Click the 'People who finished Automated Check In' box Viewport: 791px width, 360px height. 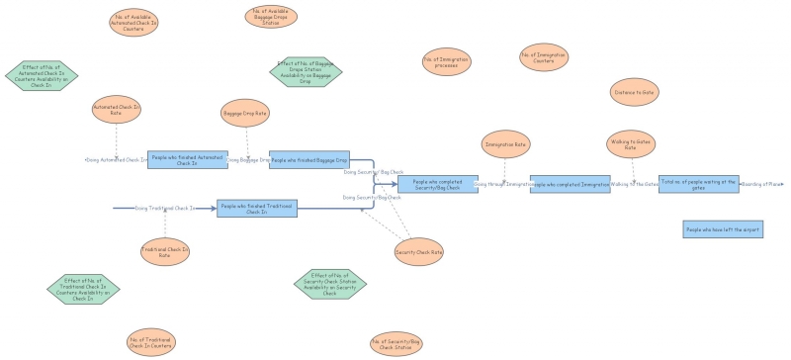tap(187, 159)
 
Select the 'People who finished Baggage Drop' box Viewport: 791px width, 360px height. tap(309, 159)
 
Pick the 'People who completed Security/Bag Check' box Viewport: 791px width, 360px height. tap(437, 184)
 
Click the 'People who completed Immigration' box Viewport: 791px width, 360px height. tap(570, 184)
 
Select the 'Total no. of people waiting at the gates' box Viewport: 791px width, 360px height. tap(698, 184)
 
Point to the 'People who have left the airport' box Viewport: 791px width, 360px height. tap(723, 229)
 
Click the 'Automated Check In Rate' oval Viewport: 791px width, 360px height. tap(116, 109)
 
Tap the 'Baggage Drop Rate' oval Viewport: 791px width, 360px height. tap(245, 114)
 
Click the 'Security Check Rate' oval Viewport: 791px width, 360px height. tap(418, 252)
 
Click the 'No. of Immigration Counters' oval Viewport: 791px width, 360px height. tap(543, 59)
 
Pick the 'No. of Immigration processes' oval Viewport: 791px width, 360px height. tap(446, 61)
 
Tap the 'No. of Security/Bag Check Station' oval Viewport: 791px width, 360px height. tap(395, 344)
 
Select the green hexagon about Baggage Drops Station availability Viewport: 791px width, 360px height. tap(306, 71)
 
